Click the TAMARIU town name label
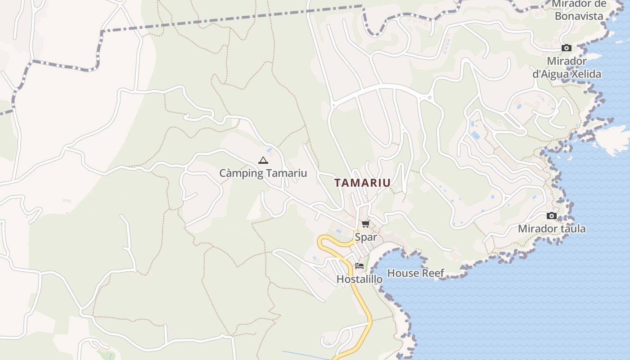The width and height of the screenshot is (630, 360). [362, 183]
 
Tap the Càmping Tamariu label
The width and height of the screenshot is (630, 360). [263, 173]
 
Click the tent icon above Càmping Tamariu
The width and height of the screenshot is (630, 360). [263, 160]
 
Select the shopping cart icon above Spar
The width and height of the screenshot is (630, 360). [365, 224]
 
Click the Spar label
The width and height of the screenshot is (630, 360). [366, 237]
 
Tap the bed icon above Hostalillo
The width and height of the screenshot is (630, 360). [359, 265]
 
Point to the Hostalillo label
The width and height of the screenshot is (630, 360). [360, 279]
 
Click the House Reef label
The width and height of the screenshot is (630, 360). [415, 273]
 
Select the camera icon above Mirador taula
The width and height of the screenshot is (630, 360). [552, 216]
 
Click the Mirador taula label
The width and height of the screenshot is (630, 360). [552, 229]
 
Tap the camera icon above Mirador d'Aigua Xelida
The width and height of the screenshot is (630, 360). [567, 48]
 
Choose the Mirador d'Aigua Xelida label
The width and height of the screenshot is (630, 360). [567, 67]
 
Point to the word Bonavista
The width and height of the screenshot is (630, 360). [579, 16]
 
